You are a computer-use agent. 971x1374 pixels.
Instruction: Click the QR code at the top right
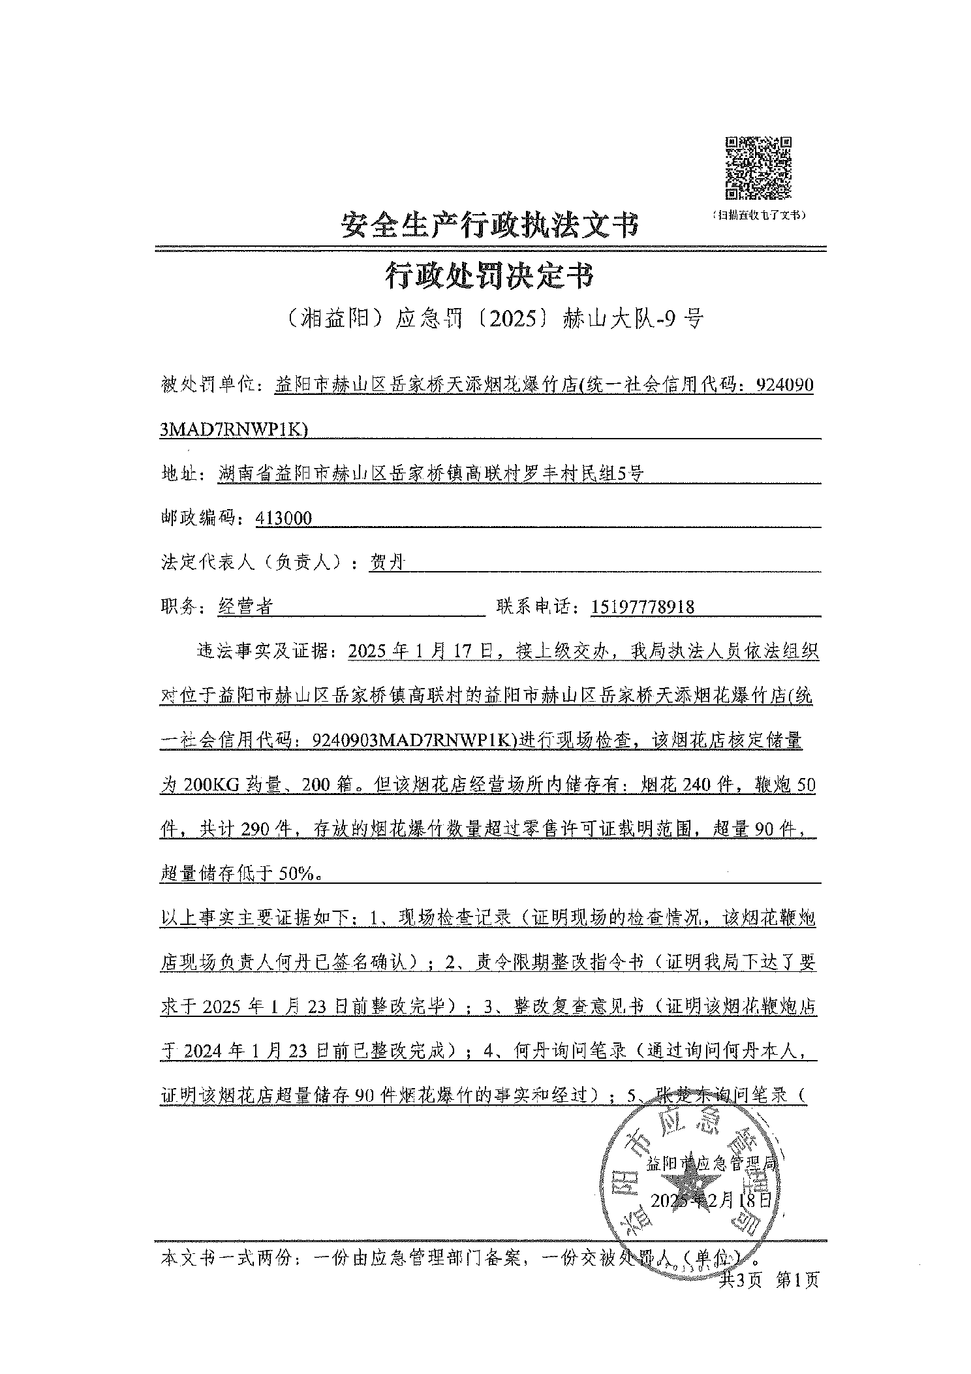coord(758,168)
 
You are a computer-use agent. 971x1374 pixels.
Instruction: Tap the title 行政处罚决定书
coord(489,276)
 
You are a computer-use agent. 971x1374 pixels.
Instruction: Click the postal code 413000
coord(285,519)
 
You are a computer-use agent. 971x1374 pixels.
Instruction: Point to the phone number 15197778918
coord(643,608)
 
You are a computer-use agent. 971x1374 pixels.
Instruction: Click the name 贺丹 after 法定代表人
coord(388,563)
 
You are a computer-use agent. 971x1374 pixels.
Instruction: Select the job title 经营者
coord(245,608)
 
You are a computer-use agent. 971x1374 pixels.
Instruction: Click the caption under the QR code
coord(758,215)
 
